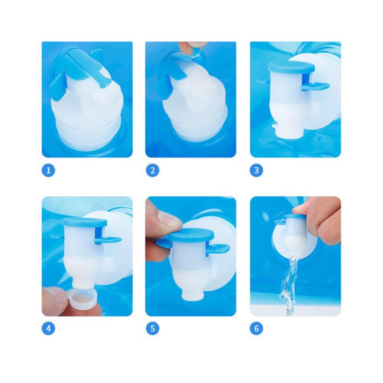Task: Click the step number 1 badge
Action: coord(48,171)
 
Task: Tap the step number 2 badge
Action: coord(152,171)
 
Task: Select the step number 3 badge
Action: coord(256,171)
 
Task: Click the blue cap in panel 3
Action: coord(291,68)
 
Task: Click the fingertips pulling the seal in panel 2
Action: coord(192,46)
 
